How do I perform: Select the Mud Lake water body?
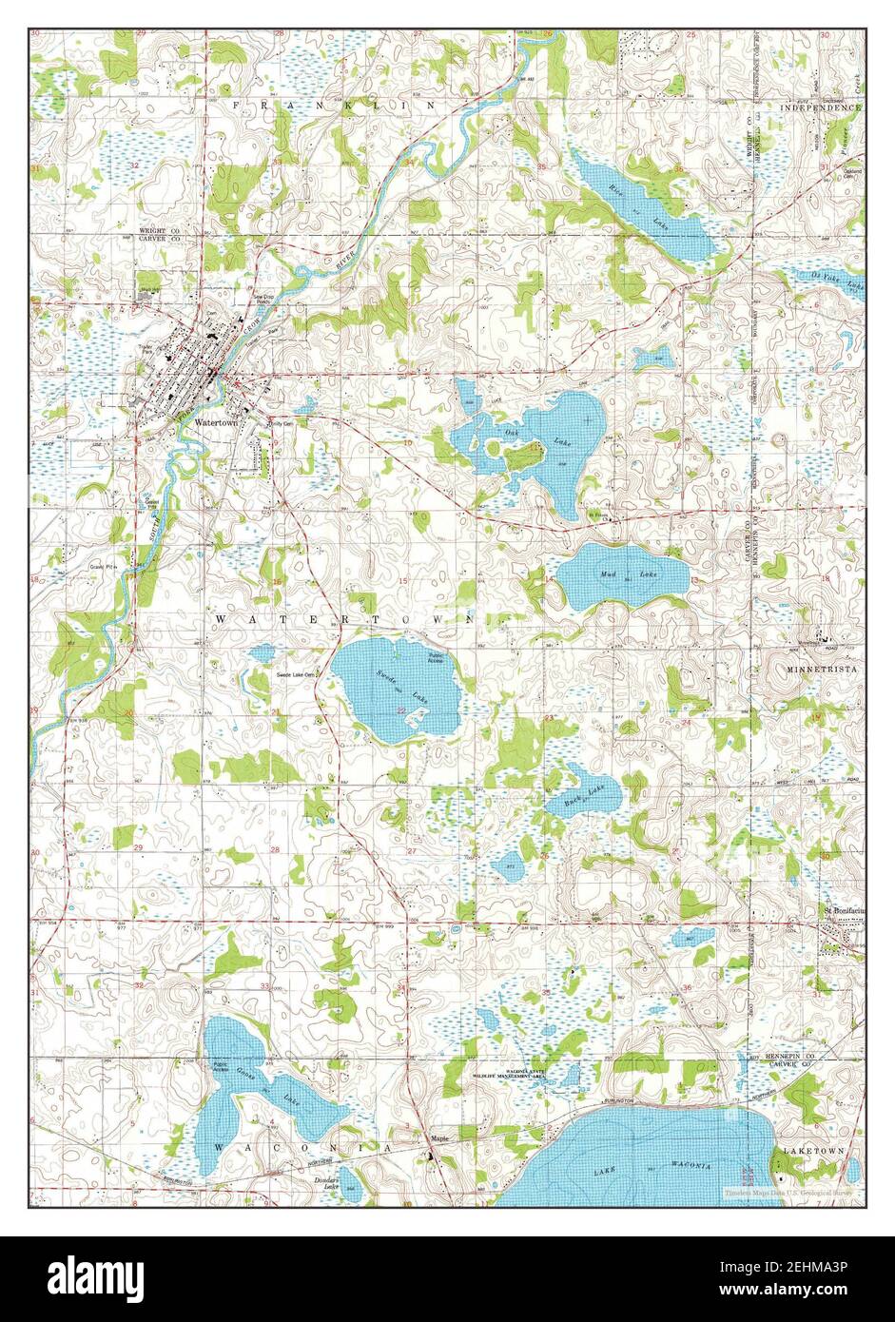(623, 575)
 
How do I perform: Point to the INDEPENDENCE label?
(821, 108)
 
